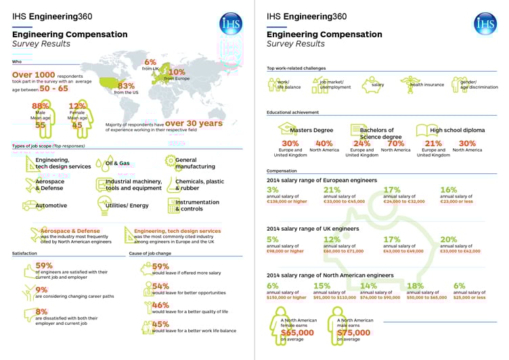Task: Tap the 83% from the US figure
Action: coord(126,86)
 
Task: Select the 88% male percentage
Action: coord(40,106)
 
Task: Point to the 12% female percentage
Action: coord(77,106)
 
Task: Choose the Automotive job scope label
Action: coord(51,205)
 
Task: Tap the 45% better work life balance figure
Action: coord(160,324)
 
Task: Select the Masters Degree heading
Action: coord(312,130)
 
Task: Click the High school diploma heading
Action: coord(458,130)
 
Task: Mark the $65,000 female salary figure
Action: coord(297,332)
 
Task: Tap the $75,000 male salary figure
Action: coord(354,332)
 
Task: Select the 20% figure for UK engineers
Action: coord(449,240)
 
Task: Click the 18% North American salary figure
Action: coord(415,286)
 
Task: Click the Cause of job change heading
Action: coord(150,253)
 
